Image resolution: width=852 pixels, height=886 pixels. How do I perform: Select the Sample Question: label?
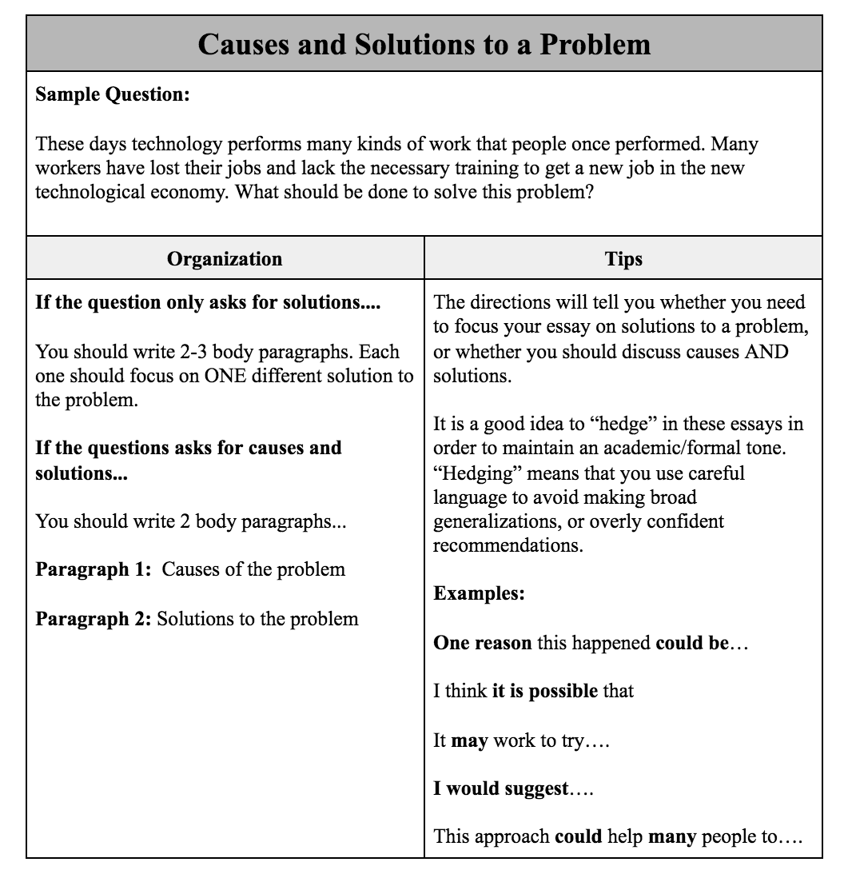[113, 94]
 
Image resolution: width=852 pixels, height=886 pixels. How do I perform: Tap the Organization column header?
[225, 258]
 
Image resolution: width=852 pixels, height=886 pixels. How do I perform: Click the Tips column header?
[623, 258]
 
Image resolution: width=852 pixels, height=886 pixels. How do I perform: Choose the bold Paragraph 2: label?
[93, 619]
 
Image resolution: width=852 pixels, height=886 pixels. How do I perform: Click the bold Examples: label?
[479, 594]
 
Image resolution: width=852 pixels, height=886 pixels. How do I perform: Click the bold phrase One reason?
[482, 643]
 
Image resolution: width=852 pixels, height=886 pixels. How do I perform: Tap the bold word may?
[469, 740]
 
